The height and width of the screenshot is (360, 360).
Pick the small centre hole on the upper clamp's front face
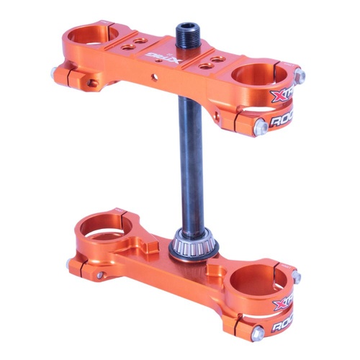pyautogui.click(x=151, y=73)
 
